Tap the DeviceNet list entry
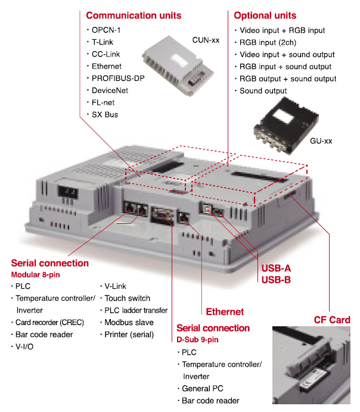coord(110,90)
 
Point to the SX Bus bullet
coord(104,114)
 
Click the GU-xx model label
coord(321,141)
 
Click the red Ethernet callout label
coord(225,311)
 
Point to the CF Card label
coord(332,320)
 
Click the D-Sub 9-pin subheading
coord(197,339)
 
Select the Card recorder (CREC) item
coord(50,322)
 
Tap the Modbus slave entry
coord(129,322)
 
